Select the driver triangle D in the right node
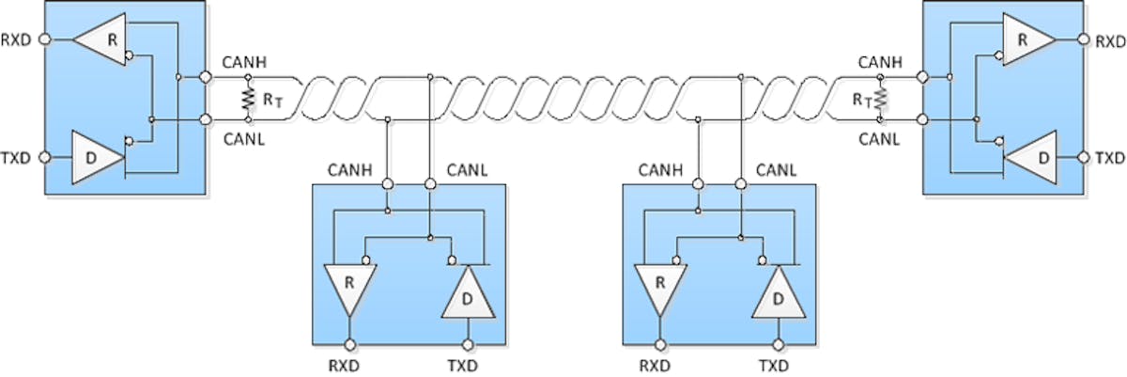pyautogui.click(x=1034, y=155)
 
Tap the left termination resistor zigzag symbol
pyautogui.click(x=249, y=98)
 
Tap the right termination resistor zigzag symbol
pyautogui.click(x=880, y=98)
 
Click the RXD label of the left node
pyautogui.click(x=19, y=40)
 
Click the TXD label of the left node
pyautogui.click(x=19, y=156)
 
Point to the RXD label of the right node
pyautogui.click(x=1111, y=40)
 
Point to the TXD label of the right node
pyautogui.click(x=1111, y=156)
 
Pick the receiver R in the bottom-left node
pyautogui.click(x=348, y=285)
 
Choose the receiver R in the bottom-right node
pyautogui.click(x=659, y=285)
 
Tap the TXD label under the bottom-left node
pyautogui.click(x=467, y=362)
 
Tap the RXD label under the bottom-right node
pyautogui.click(x=659, y=362)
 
